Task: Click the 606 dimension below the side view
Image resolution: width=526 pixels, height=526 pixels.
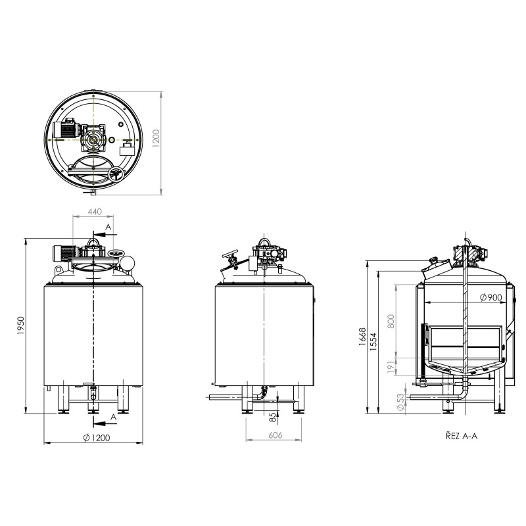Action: pos(275,436)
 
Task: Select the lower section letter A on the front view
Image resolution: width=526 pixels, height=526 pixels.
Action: pos(113,417)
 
